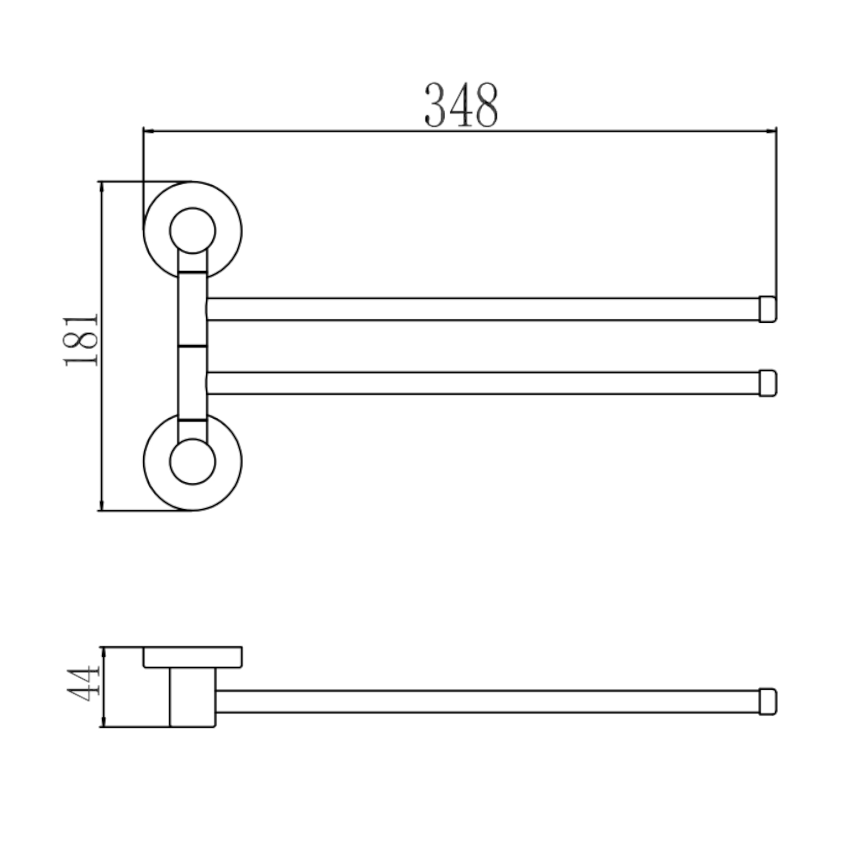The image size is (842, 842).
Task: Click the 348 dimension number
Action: click(x=461, y=105)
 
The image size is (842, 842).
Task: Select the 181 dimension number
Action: click(x=81, y=341)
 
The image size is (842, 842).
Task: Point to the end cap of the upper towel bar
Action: click(x=768, y=309)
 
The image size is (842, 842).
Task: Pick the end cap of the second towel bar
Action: click(x=768, y=383)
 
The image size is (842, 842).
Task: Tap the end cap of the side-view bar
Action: click(x=768, y=702)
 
